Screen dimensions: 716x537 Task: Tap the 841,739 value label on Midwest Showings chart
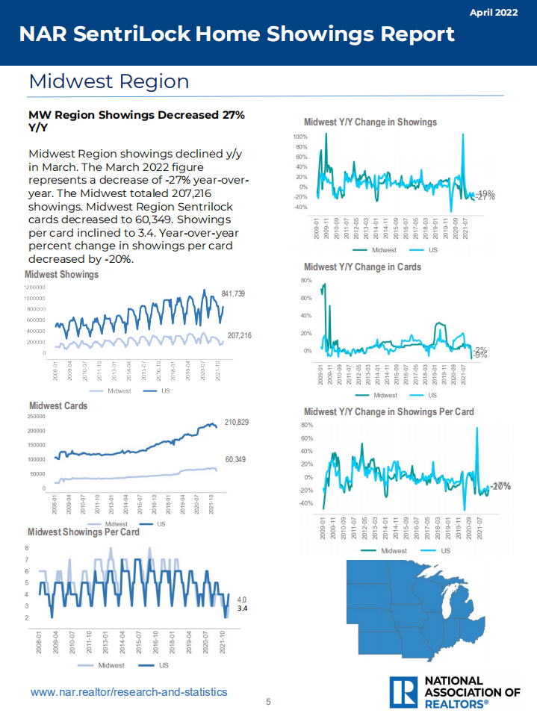[234, 294]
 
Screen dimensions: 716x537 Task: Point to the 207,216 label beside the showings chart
[239, 337]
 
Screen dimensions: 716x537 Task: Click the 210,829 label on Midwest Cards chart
[237, 423]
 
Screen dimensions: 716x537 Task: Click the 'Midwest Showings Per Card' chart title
[84, 532]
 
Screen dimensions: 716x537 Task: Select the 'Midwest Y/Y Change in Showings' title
[370, 122]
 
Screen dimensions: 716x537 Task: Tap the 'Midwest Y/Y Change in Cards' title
[363, 267]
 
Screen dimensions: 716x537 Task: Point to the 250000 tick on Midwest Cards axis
[35, 417]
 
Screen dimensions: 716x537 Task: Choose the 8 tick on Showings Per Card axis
[28, 548]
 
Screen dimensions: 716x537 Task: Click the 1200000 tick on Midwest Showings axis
[34, 287]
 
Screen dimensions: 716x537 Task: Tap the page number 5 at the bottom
[269, 702]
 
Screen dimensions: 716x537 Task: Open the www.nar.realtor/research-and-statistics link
[128, 692]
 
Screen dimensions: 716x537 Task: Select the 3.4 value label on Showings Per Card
[242, 609]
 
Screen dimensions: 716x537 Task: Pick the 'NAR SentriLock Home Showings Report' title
[237, 34]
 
